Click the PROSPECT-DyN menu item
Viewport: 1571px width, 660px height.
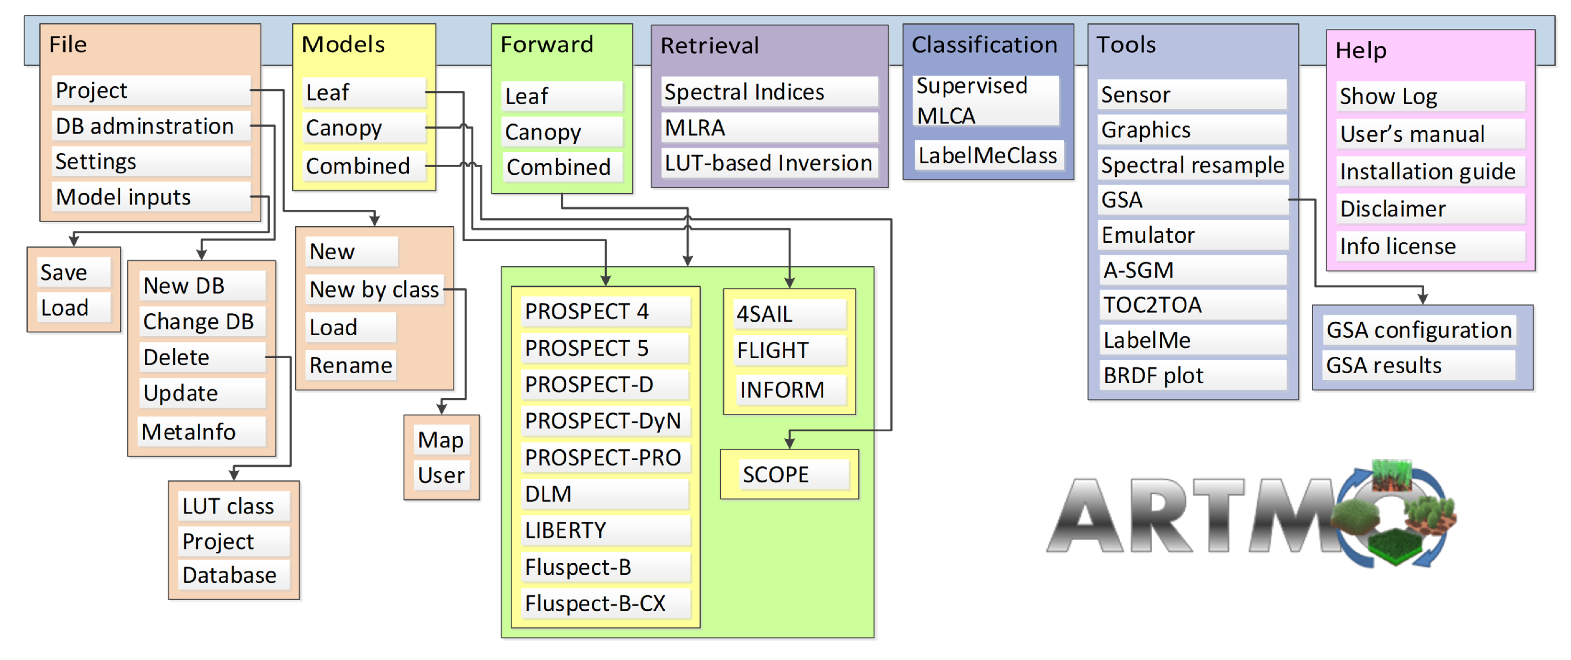point(604,421)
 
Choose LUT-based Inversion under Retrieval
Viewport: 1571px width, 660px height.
point(768,163)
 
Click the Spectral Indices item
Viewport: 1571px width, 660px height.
point(768,92)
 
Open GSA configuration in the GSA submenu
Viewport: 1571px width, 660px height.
point(1419,330)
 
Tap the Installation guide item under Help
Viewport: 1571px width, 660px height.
point(1427,172)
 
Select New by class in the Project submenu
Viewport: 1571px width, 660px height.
point(374,289)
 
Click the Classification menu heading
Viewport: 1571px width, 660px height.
point(984,45)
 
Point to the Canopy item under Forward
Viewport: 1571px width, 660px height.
point(561,132)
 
